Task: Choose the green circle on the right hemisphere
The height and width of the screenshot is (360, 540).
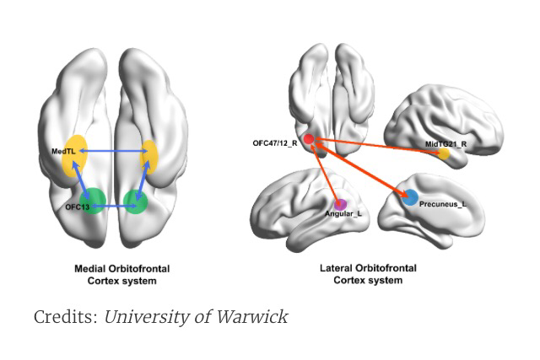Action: pyautogui.click(x=135, y=201)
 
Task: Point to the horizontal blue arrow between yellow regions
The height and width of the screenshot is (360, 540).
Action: pyautogui.click(x=113, y=152)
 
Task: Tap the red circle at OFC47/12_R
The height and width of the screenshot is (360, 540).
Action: pyautogui.click(x=310, y=139)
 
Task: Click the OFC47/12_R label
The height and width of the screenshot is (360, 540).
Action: pyautogui.click(x=274, y=143)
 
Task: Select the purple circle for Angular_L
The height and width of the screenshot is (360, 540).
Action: pyautogui.click(x=340, y=203)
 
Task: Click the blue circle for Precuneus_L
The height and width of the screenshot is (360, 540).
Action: pyautogui.click(x=410, y=198)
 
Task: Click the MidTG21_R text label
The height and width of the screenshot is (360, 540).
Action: pyautogui.click(x=446, y=144)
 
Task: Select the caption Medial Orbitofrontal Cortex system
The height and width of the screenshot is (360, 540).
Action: pyautogui.click(x=121, y=274)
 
